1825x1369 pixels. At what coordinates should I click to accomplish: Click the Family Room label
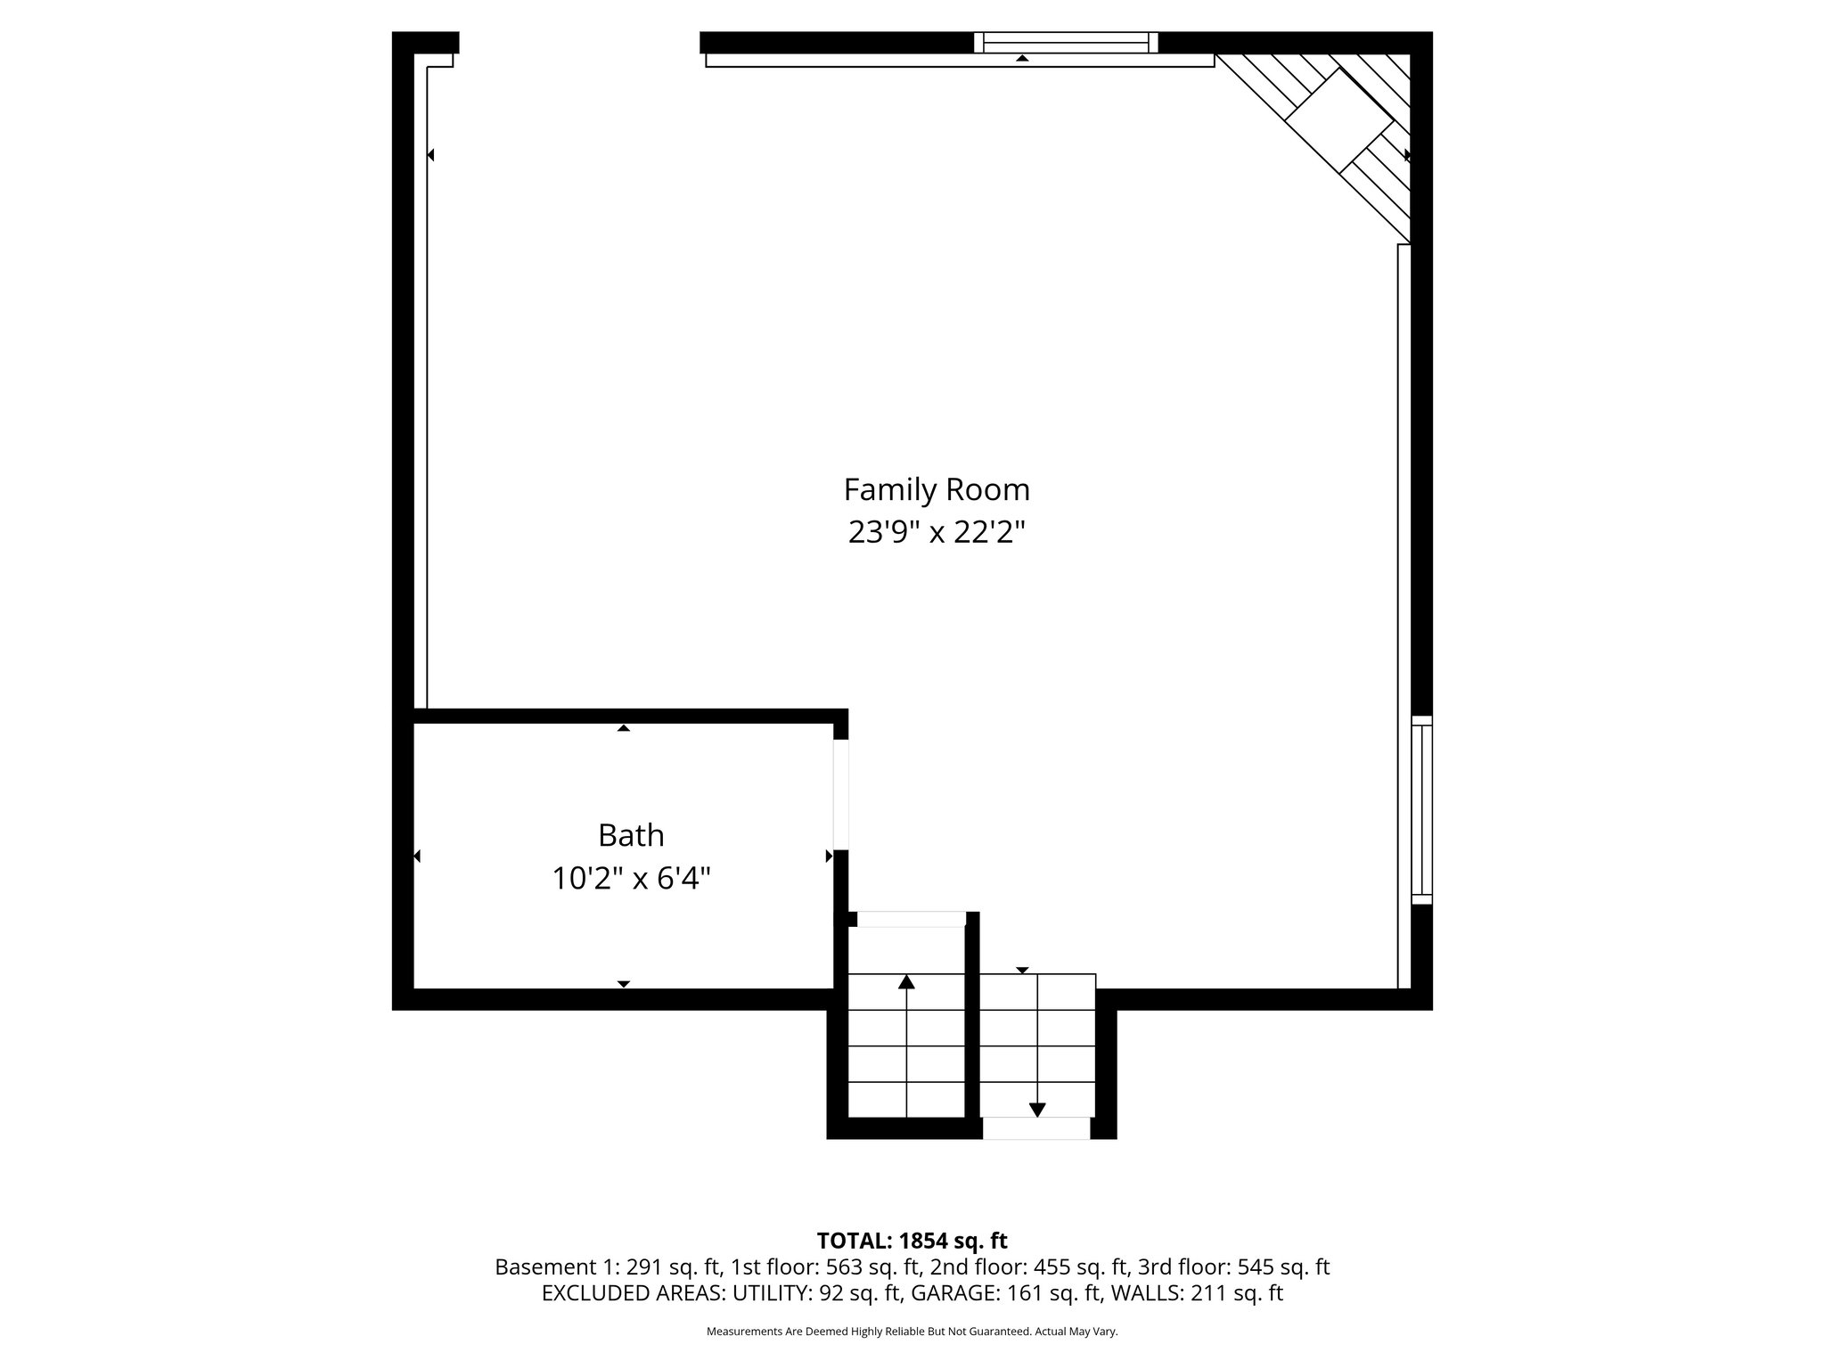click(x=937, y=490)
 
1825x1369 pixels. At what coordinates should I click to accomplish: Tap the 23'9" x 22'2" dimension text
click(x=937, y=533)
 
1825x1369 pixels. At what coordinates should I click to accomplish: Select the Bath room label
click(x=631, y=836)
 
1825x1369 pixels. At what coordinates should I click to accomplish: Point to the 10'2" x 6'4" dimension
click(x=631, y=879)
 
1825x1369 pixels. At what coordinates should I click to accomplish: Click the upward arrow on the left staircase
click(x=906, y=982)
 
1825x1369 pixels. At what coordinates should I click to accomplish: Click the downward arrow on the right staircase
click(x=1037, y=1109)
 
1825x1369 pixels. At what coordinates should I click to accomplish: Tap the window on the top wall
click(x=1065, y=42)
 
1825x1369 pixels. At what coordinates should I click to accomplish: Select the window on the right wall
click(x=1422, y=809)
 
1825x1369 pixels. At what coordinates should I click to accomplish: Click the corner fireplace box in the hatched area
click(x=1339, y=120)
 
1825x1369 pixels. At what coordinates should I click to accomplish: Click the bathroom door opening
click(x=840, y=794)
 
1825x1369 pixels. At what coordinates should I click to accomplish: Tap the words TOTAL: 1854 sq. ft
click(x=912, y=1241)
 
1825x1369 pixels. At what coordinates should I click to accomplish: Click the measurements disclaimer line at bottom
click(x=912, y=1332)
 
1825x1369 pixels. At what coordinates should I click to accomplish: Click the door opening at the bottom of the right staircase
click(x=1035, y=1128)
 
